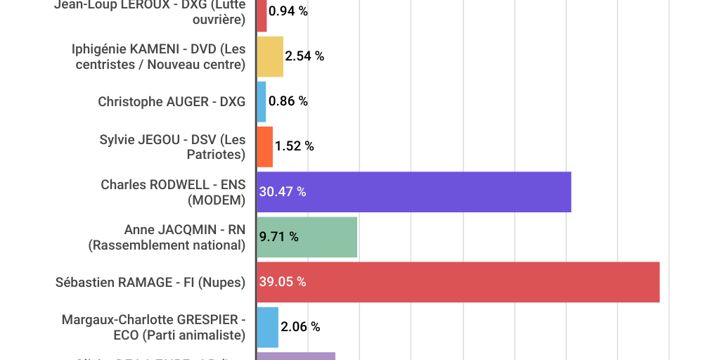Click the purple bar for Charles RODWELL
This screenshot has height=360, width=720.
tap(413, 192)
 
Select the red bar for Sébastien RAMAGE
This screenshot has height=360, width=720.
tap(458, 282)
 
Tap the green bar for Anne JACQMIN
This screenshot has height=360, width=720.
tap(307, 237)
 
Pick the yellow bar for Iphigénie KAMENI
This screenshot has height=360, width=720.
tap(269, 56)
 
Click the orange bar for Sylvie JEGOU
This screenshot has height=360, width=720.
tap(264, 147)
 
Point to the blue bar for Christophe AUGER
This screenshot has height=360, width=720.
tap(261, 101)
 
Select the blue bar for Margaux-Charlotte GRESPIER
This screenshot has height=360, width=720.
tap(267, 327)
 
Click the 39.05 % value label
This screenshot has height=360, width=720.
tap(283, 282)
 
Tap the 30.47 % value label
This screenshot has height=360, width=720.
tap(283, 192)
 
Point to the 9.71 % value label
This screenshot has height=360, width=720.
tap(279, 237)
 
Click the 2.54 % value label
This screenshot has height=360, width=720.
tap(304, 56)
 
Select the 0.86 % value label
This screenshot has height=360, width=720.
tap(288, 101)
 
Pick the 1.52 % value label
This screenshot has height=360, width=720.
tap(295, 146)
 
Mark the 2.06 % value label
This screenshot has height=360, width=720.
tap(300, 327)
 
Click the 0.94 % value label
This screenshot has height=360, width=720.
tap(288, 11)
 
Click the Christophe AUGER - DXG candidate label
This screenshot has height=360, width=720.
tap(172, 101)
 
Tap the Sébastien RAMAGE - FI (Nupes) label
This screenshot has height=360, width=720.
tap(150, 282)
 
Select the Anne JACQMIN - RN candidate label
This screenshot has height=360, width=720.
tap(167, 237)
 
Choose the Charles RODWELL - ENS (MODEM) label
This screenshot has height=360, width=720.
tap(173, 192)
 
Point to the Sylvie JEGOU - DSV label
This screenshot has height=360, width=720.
tap(172, 146)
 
